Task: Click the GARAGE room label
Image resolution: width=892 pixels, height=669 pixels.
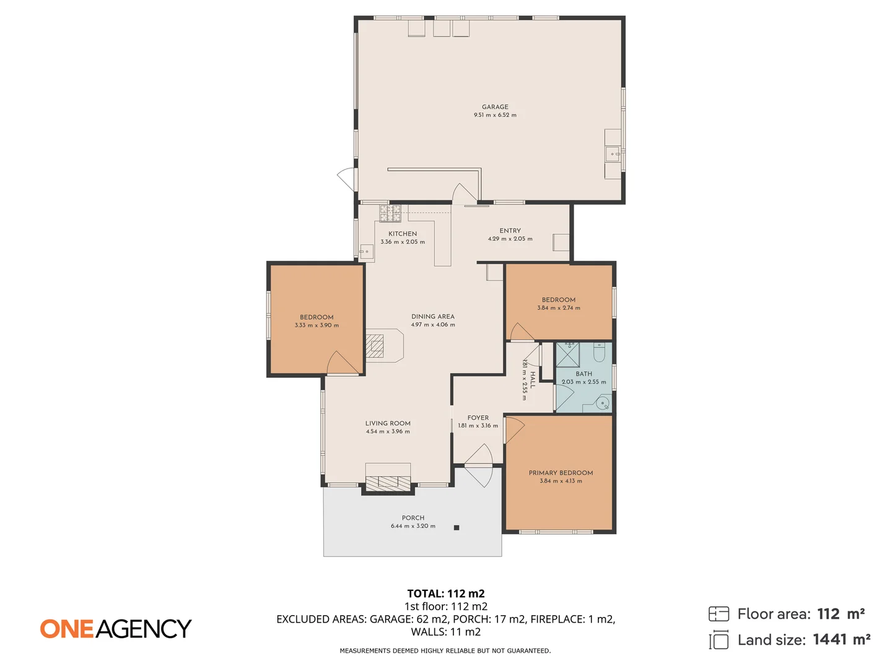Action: (495, 107)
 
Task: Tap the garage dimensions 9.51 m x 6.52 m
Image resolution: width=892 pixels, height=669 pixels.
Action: (495, 115)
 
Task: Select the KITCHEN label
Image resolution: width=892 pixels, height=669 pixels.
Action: (403, 234)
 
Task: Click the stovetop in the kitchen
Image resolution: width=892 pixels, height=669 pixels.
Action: (390, 213)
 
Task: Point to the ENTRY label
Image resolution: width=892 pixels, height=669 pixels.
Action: (510, 230)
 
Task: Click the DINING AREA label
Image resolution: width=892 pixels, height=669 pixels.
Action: (433, 316)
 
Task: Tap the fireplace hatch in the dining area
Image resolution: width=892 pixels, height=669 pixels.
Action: (375, 346)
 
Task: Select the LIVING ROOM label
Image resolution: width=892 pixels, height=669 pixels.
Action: (388, 423)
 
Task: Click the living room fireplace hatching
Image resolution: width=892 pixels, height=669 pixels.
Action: (388, 483)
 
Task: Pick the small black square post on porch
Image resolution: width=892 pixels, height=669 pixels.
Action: (457, 528)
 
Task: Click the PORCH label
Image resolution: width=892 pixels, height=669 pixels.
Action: (413, 518)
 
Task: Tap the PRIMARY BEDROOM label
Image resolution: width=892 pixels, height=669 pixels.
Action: (561, 473)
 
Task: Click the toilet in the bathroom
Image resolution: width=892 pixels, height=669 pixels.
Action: (599, 352)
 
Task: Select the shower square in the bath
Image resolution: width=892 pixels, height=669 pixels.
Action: (567, 354)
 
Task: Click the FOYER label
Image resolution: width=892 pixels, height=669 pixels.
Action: (478, 418)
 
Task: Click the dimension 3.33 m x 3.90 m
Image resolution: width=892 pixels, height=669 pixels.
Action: (317, 325)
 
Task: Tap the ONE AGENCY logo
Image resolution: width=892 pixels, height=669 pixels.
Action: (116, 629)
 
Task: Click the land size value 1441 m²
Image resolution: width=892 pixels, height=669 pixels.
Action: (841, 639)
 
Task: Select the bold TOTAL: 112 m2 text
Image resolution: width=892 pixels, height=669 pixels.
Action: (446, 593)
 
